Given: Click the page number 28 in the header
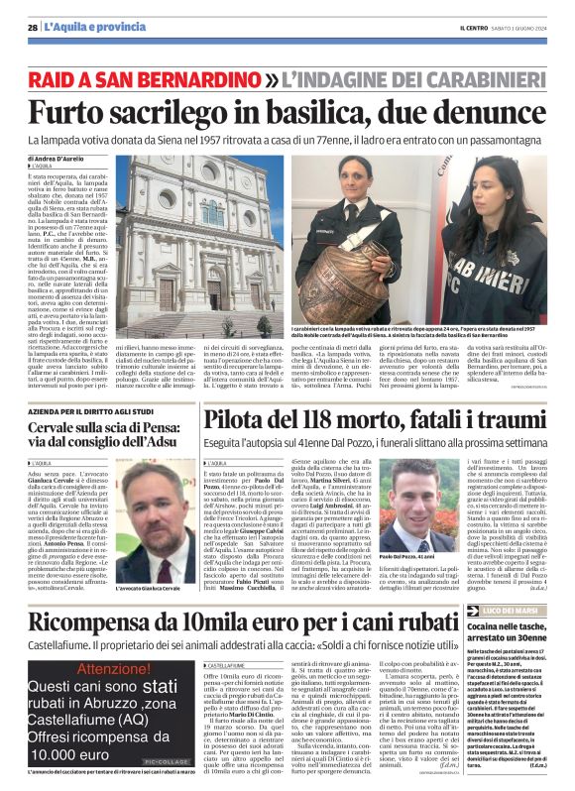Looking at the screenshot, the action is click(x=33, y=27).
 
